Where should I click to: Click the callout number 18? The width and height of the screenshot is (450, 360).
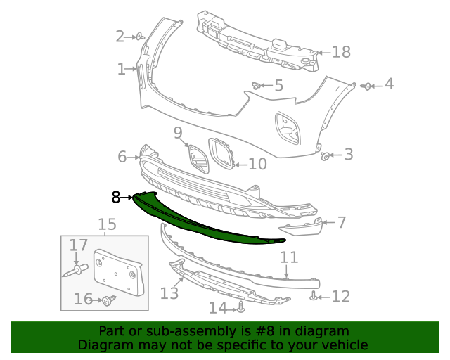pos(341,52)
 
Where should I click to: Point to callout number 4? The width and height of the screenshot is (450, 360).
pos(389,85)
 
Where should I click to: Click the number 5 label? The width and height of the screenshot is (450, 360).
pos(278,86)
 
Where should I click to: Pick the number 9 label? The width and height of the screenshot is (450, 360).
pos(178,132)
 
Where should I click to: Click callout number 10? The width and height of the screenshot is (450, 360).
pos(257,164)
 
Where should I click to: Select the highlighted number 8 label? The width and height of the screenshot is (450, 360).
pos(116,198)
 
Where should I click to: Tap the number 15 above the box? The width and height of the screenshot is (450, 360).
pos(107,224)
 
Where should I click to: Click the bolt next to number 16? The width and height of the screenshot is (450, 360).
pos(108,301)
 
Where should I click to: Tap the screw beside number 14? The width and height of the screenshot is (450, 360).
pos(241,307)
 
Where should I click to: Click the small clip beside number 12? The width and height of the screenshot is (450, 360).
pos(313,297)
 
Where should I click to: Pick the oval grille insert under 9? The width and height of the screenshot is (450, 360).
pos(199,160)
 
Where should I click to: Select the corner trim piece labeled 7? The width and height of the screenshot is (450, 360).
pos(301,227)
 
